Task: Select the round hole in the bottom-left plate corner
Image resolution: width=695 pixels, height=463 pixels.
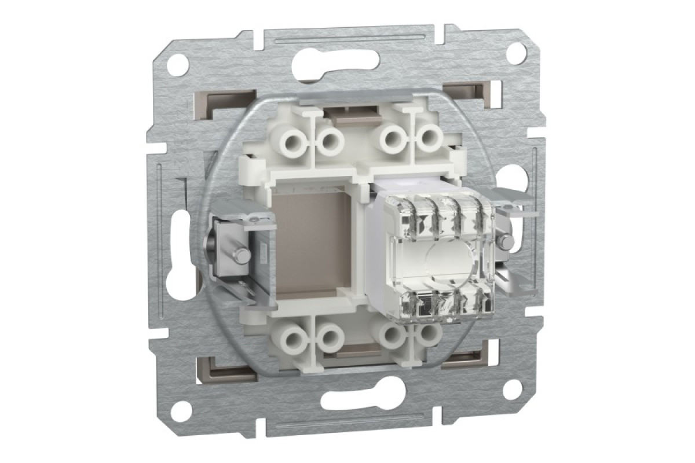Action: pos(181,408)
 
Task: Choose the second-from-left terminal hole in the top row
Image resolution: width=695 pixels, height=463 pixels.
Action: pos(331,141)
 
